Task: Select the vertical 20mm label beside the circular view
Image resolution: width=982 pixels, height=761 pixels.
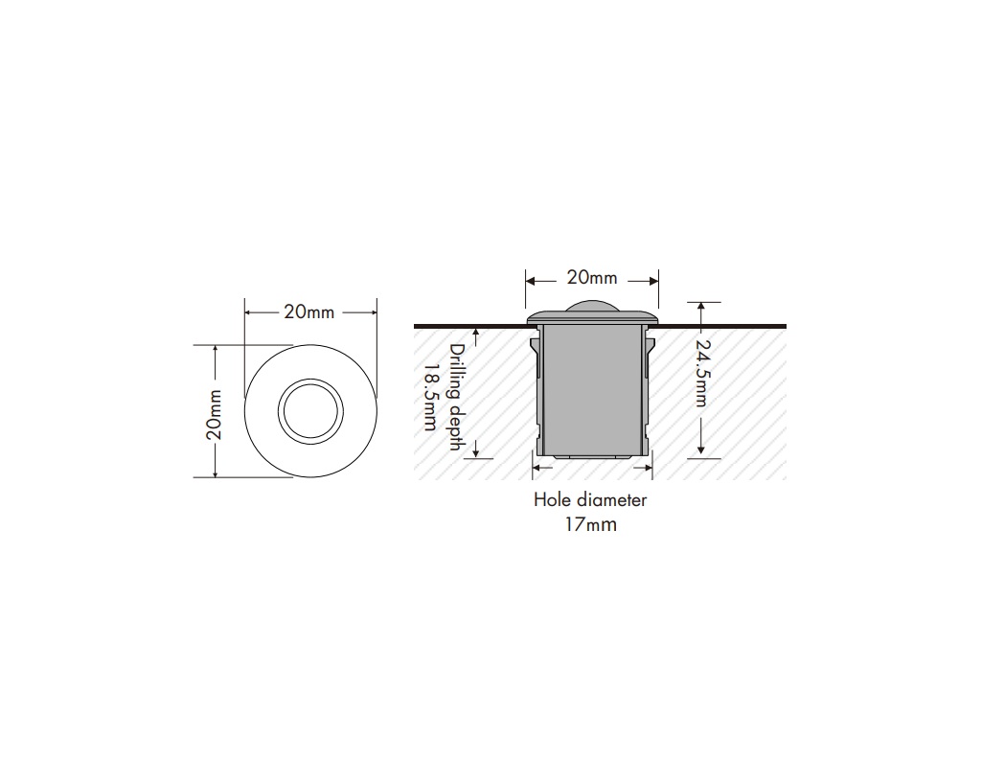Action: pyautogui.click(x=215, y=413)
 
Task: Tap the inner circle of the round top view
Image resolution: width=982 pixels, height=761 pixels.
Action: pyautogui.click(x=310, y=411)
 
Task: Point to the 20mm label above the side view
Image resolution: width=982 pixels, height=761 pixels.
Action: pyautogui.click(x=591, y=279)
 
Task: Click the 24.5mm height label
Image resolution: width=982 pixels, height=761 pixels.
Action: pyautogui.click(x=702, y=374)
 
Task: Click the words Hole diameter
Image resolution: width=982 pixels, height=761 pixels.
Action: pyautogui.click(x=590, y=499)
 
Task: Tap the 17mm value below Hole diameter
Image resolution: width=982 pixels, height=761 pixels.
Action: pyautogui.click(x=590, y=524)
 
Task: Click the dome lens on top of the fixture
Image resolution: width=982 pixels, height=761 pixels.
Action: pyautogui.click(x=591, y=307)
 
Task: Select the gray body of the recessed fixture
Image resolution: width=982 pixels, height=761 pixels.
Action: pyautogui.click(x=591, y=388)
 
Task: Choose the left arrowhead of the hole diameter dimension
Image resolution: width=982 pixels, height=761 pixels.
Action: pyautogui.click(x=537, y=468)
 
